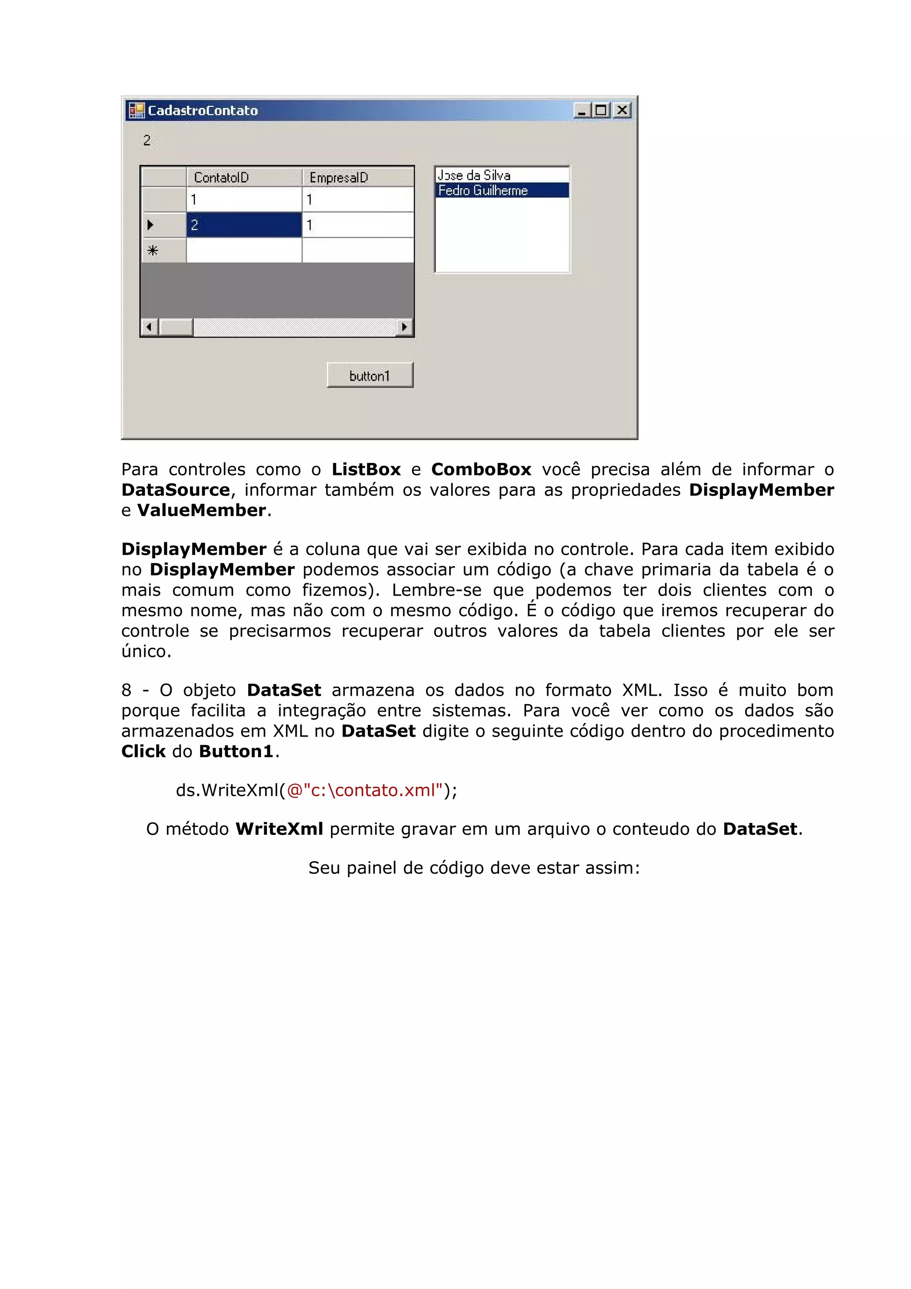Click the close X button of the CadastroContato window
(x=622, y=111)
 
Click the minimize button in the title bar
(x=581, y=111)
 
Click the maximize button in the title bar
(x=601, y=111)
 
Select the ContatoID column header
(x=244, y=177)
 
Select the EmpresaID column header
(x=358, y=177)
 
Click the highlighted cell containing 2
(x=244, y=225)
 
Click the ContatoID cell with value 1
(x=244, y=200)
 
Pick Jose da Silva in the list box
(x=474, y=175)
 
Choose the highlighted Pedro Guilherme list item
(x=483, y=191)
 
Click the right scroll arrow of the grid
(x=404, y=327)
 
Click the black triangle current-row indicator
(x=150, y=225)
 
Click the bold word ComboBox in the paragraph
(x=480, y=469)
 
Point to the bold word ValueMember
(x=202, y=510)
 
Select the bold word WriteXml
(x=279, y=829)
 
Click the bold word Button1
(x=236, y=752)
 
